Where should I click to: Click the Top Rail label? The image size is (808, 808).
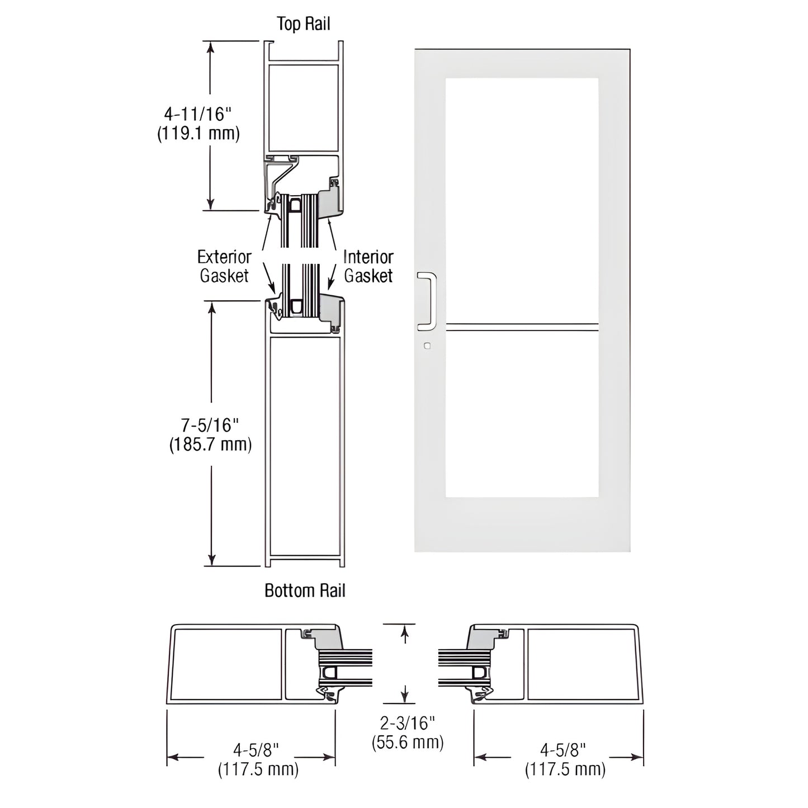304,23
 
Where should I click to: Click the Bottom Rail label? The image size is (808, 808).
305,590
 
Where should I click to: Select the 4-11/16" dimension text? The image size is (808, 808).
197,115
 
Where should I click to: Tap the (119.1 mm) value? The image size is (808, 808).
198,134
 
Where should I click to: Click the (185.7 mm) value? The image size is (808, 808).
210,445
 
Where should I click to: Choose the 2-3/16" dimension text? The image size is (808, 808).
407,724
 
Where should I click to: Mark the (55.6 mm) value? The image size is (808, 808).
408,743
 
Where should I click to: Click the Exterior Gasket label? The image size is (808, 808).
224,266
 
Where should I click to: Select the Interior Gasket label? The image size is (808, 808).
368,266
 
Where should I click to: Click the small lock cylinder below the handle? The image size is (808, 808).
427,346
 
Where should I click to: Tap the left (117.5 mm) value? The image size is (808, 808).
258,769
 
